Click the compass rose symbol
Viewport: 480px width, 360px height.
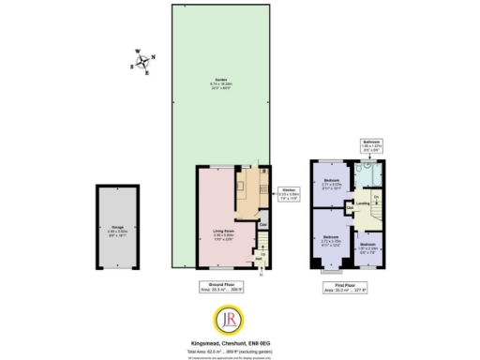(x=142, y=62)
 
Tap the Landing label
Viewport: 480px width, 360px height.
(x=362, y=202)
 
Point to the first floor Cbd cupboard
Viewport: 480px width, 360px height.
(x=351, y=208)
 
